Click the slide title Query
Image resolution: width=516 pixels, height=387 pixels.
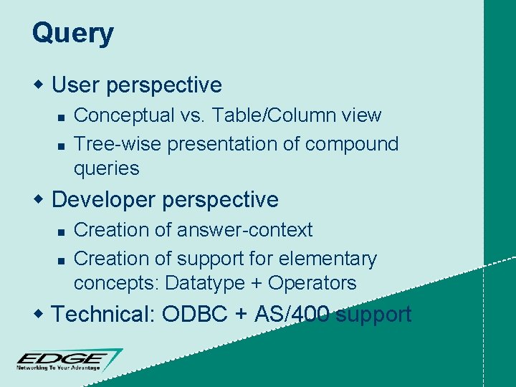tap(72, 34)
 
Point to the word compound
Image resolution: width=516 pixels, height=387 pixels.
tap(351, 144)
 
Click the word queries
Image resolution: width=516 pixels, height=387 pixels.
tap(106, 168)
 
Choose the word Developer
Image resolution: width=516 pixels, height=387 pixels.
tap(105, 199)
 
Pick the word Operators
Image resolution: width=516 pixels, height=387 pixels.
tap(312, 283)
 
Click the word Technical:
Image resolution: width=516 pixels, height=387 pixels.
tap(105, 314)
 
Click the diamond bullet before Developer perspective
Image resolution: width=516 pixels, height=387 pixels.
tap(39, 199)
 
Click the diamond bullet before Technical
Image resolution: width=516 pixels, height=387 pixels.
tap(39, 314)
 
